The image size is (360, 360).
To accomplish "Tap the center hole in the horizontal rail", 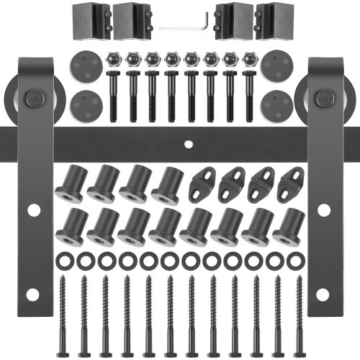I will (188, 143).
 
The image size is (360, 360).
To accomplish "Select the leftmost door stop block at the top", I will (87, 19).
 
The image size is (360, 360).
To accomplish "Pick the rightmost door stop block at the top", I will (274, 19).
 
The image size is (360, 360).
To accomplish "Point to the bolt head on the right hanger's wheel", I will (323, 97).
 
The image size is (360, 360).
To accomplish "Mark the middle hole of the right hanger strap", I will (323, 210).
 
